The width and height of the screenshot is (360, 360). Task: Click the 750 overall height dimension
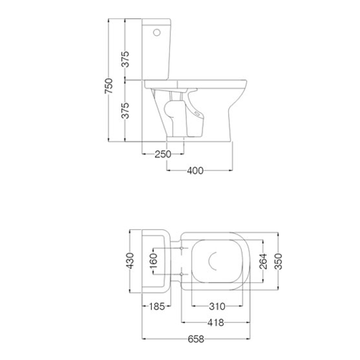(109, 86)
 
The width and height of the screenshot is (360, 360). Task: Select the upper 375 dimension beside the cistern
(125, 59)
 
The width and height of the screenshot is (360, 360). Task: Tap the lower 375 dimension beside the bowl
(125, 110)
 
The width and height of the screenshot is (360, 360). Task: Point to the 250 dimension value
(163, 154)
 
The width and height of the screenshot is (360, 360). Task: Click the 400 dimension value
(195, 170)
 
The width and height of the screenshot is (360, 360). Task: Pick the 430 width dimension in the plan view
(130, 261)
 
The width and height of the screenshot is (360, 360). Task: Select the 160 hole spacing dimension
(153, 261)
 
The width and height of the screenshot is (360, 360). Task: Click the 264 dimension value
(263, 261)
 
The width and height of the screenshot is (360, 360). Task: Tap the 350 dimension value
(278, 261)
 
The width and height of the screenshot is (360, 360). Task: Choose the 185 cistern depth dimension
(157, 306)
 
